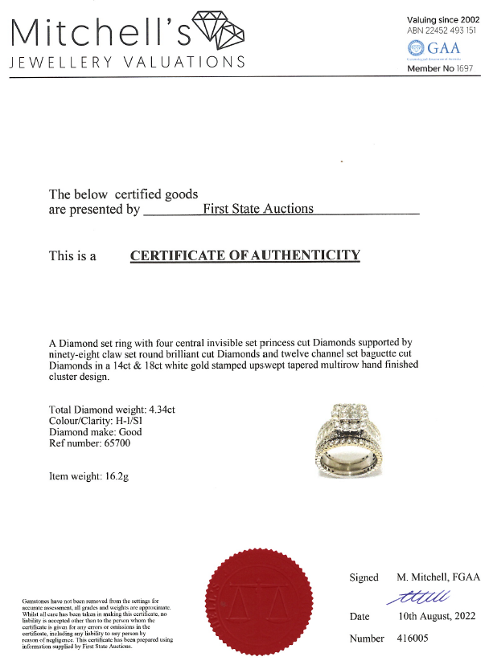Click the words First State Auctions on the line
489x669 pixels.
pyautogui.click(x=257, y=209)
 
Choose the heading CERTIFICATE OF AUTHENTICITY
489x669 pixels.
pyautogui.click(x=245, y=255)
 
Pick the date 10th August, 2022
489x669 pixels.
pyautogui.click(x=436, y=616)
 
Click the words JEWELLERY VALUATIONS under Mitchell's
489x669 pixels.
pyautogui.click(x=126, y=63)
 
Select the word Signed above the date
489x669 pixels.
pyautogui.click(x=364, y=577)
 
